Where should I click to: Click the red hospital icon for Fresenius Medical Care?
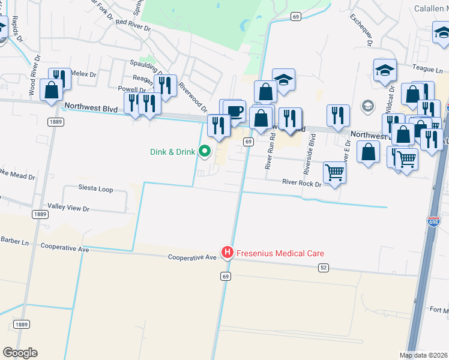point(228,253)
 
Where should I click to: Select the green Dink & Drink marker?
point(205,151)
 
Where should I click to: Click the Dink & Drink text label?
point(172,152)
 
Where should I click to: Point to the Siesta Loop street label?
point(95,189)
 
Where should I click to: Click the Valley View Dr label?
point(68,209)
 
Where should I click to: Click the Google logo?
point(20,353)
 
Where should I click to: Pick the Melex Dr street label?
point(83,74)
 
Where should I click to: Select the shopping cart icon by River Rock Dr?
point(334,172)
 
